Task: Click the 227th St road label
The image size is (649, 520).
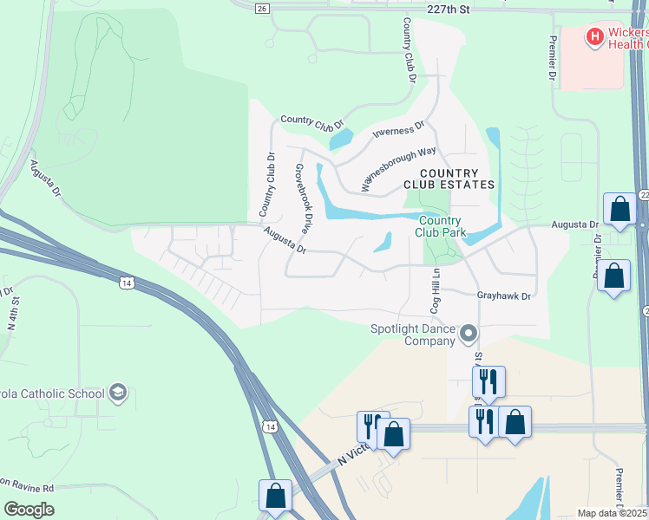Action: pos(448,9)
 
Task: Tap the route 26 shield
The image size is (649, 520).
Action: pos(263,8)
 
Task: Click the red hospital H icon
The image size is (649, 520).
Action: pos(594,36)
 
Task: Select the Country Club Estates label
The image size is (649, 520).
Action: pos(449,178)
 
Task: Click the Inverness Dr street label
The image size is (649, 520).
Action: pos(398,129)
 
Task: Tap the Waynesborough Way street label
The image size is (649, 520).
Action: pos(398,168)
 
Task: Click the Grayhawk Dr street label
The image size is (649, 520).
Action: pos(503,296)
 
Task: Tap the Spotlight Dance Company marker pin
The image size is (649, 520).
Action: pos(469,333)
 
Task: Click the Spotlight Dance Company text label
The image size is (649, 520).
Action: pos(412,335)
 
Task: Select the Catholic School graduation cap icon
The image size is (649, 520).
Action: pos(118,393)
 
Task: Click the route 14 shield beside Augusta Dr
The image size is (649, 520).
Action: pos(128,283)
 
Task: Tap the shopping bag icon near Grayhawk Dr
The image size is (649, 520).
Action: pos(614,276)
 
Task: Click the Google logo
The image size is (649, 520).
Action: pos(29,510)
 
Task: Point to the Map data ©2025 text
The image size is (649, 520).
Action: pos(611,513)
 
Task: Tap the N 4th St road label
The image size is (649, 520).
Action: pos(13,313)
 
